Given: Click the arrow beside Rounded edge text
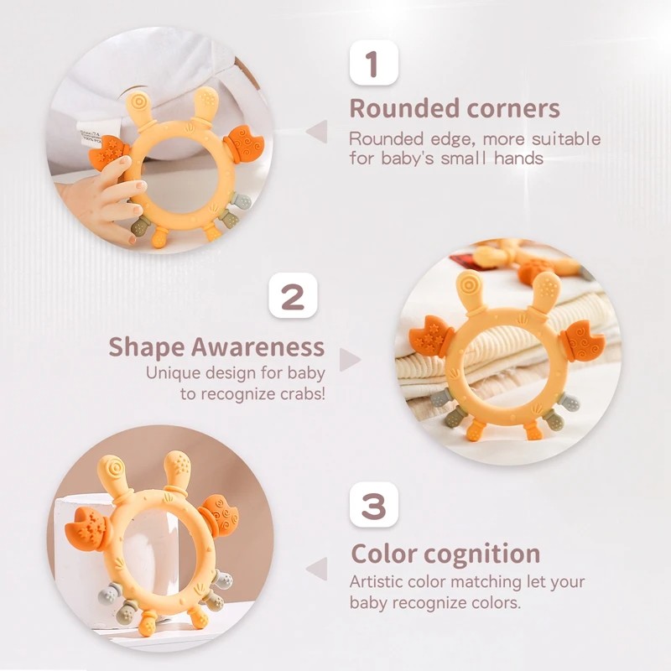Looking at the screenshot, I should tap(316, 131).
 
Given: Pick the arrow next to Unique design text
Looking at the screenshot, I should tap(350, 360).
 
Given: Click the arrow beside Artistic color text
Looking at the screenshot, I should tap(316, 569).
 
